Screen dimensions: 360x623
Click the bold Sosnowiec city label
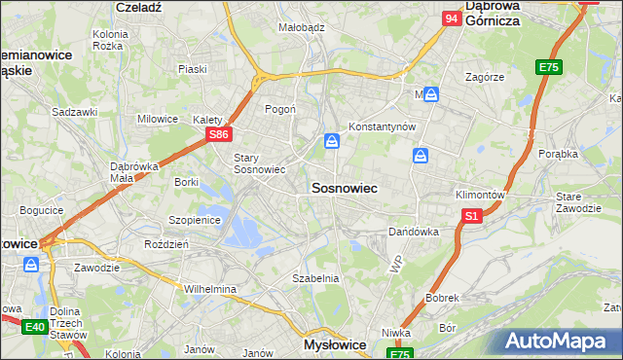(x=344, y=187)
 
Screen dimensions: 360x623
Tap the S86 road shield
(x=220, y=134)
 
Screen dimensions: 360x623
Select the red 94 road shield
(x=451, y=18)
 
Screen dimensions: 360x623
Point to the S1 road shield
(x=472, y=216)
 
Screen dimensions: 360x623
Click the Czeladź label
(x=136, y=6)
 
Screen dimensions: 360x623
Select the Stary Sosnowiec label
(x=259, y=162)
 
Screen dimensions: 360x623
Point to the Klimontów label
(x=480, y=195)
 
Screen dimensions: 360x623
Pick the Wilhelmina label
(x=210, y=289)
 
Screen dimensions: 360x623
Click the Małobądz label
(x=301, y=28)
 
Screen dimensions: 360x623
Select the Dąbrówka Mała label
(x=127, y=171)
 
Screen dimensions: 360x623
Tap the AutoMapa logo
(x=559, y=342)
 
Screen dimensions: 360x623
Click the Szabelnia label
(x=315, y=278)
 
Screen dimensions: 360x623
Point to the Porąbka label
(x=562, y=154)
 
